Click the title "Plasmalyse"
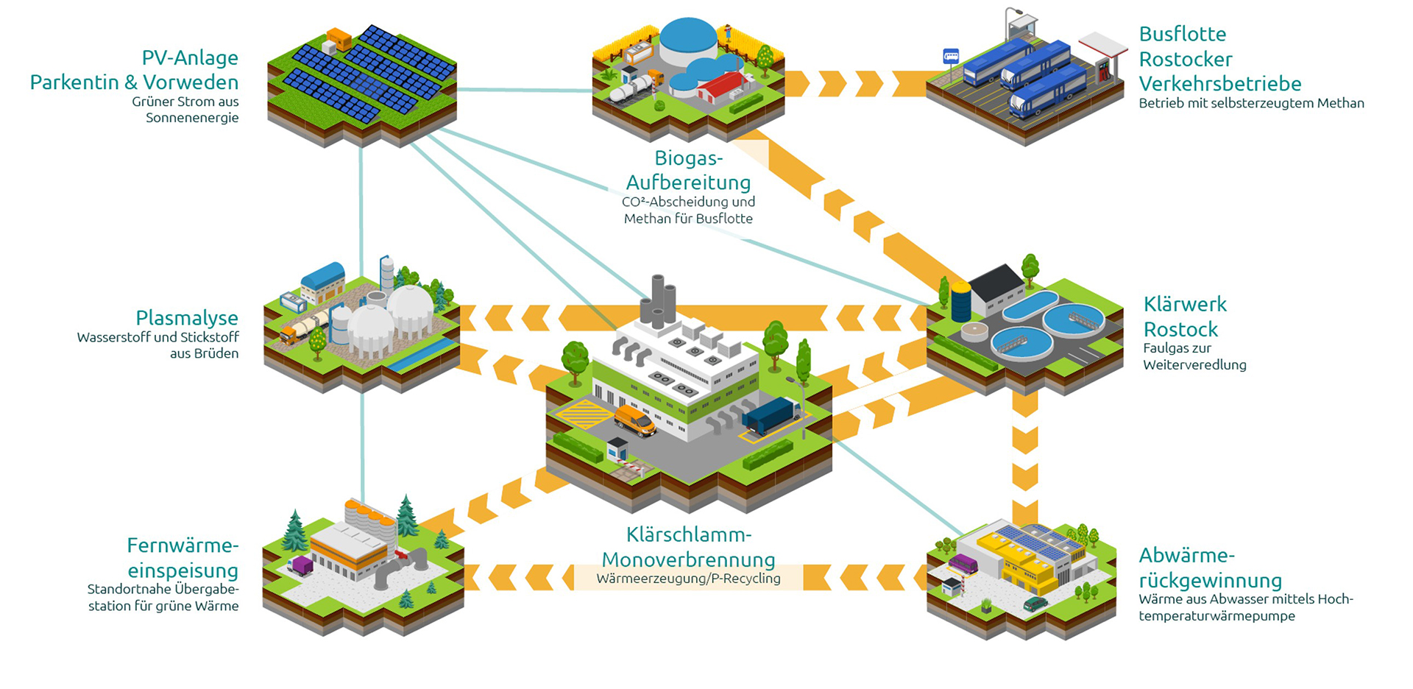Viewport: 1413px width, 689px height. (x=187, y=318)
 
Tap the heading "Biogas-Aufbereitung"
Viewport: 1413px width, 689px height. (x=688, y=170)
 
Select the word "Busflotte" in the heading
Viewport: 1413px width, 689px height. (x=1182, y=34)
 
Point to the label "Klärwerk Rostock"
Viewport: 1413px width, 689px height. (x=1184, y=317)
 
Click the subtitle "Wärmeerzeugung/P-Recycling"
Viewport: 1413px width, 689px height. (x=688, y=579)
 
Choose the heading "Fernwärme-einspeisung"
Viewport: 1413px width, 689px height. (x=183, y=558)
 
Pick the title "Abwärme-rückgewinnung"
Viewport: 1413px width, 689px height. (x=1210, y=568)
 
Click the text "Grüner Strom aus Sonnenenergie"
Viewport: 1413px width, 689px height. (x=185, y=110)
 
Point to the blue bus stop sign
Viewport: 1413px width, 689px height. (x=951, y=57)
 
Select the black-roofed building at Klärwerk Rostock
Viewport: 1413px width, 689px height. (x=997, y=289)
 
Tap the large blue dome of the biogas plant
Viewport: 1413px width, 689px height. (x=688, y=40)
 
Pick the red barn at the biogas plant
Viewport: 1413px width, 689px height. (x=720, y=88)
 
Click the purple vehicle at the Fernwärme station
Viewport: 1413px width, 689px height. (x=302, y=565)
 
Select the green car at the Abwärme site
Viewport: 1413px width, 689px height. (x=1035, y=604)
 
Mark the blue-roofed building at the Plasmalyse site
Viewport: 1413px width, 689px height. (x=323, y=280)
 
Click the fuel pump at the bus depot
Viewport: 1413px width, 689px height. (x=1104, y=70)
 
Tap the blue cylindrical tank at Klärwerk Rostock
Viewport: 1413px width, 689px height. (x=960, y=302)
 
